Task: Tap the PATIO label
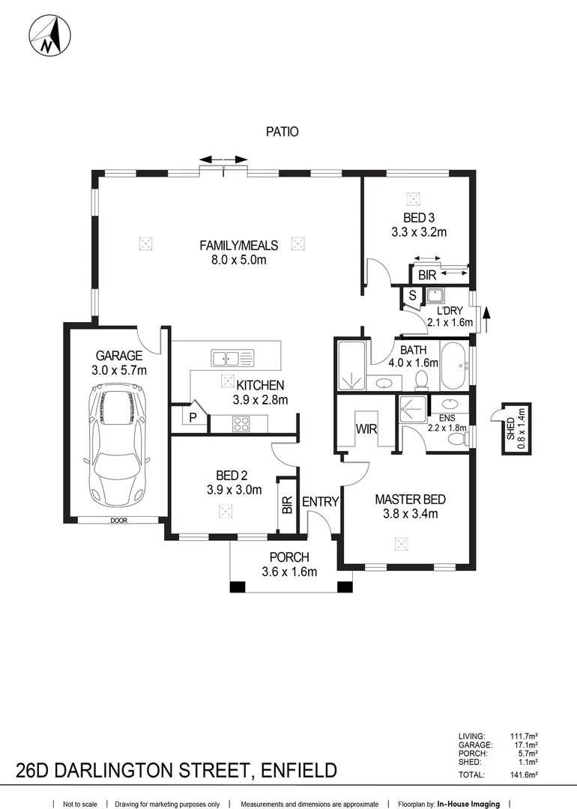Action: [282, 132]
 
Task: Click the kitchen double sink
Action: [232, 358]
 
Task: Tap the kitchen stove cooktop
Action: [242, 424]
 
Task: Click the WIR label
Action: [366, 429]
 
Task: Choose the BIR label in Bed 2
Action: [287, 506]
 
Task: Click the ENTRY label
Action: [321, 502]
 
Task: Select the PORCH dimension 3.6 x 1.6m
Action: [289, 572]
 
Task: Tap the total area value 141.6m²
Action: [524, 775]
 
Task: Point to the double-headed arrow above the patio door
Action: [224, 160]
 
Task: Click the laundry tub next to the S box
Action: [435, 295]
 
